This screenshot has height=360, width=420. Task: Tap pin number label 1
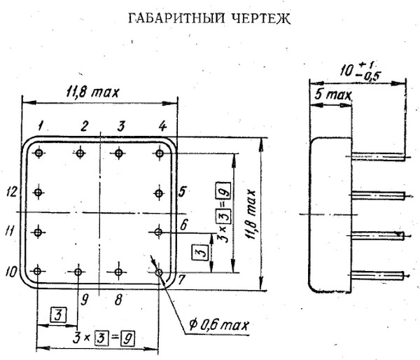pos(43,127)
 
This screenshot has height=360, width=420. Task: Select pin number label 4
pos(162,127)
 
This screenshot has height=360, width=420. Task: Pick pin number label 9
pos(85,300)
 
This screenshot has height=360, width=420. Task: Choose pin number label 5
pos(181,191)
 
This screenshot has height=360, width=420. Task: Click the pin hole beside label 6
pos(159,230)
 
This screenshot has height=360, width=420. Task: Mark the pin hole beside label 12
pos(39,191)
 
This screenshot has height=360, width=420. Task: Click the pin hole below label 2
pos(81,153)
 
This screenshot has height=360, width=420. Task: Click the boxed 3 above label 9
pos(59,314)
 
